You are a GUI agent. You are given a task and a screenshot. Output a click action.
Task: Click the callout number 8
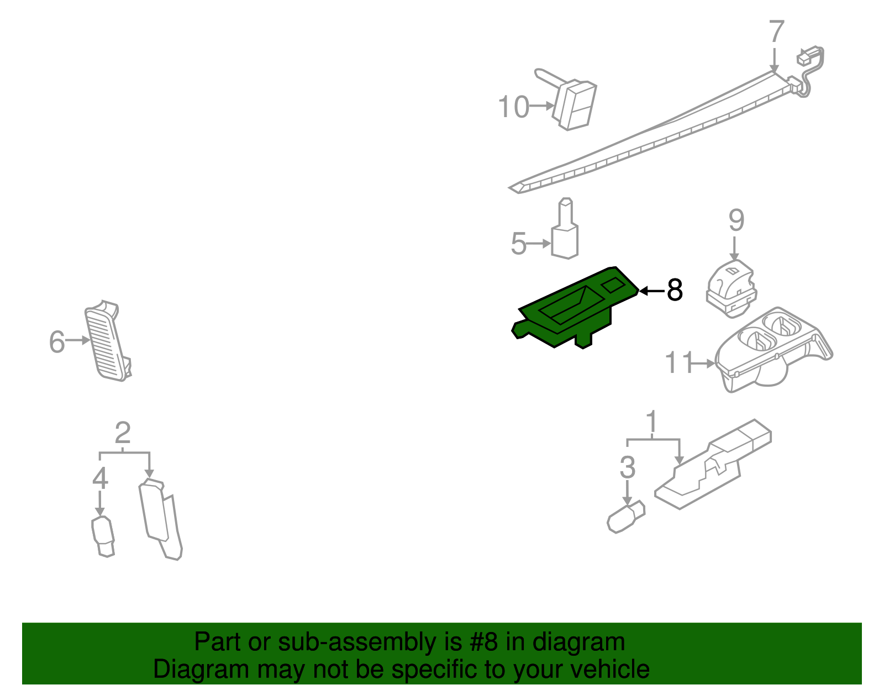point(675,290)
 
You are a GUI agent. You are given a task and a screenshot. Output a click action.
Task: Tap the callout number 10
point(513,107)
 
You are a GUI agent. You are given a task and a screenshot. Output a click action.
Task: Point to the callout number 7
point(776,31)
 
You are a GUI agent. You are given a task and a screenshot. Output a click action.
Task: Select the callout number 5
point(519,244)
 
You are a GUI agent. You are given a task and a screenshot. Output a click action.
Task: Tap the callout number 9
point(736,220)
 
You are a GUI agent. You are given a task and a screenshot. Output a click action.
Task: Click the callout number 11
point(678,363)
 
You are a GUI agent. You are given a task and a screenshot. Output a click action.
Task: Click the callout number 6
point(57,341)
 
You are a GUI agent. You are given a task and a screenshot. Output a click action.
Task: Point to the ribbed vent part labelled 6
point(108,343)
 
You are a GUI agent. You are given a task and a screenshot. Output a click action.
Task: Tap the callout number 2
point(123,433)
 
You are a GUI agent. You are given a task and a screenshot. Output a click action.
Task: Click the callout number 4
point(100,478)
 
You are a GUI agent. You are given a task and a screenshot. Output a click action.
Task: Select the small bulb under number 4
point(103,536)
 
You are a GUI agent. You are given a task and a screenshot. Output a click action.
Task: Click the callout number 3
point(627,467)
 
